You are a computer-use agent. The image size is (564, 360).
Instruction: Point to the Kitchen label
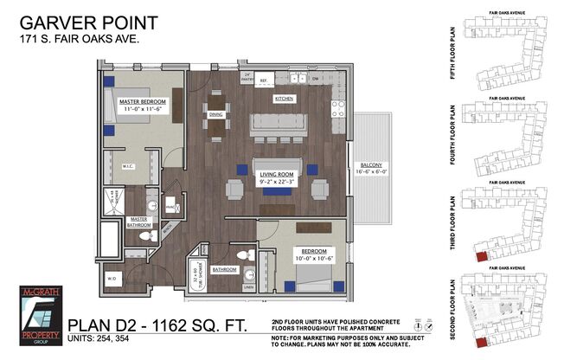(x=285, y=100)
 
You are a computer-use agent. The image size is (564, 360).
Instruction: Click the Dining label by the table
(x=216, y=113)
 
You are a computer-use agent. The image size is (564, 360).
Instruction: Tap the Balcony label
(x=372, y=165)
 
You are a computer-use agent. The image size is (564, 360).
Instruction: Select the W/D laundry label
(x=112, y=279)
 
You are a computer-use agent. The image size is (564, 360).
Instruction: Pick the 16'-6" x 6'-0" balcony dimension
(x=372, y=173)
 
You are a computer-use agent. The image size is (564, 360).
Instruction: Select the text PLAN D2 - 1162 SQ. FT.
(x=159, y=325)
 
